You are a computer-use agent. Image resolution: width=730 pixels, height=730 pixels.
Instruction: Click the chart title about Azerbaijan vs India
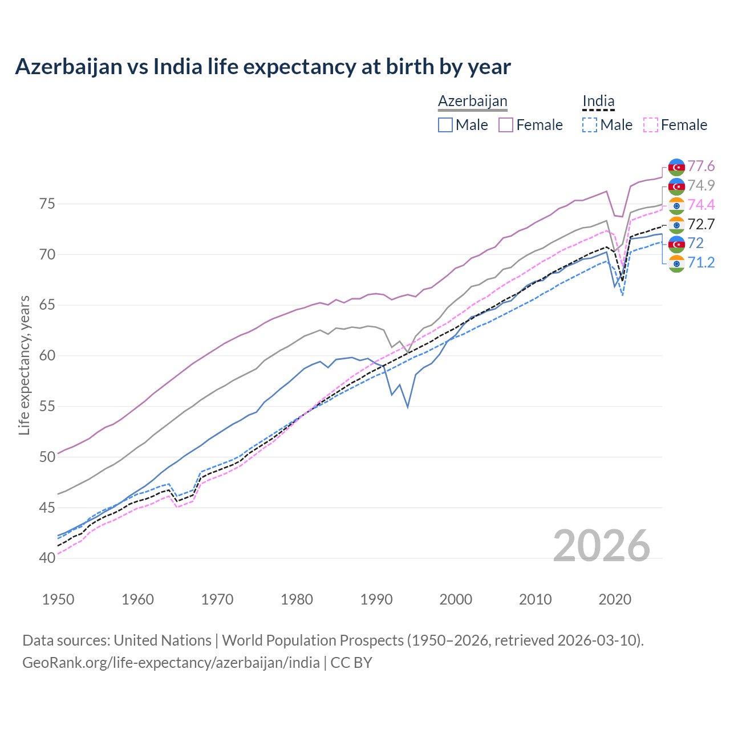(x=263, y=67)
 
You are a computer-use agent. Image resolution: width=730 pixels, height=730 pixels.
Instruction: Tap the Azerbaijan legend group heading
(x=472, y=101)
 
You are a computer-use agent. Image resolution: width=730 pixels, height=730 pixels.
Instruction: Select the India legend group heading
(x=598, y=101)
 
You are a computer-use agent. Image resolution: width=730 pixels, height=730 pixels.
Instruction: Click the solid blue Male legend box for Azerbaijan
(x=445, y=125)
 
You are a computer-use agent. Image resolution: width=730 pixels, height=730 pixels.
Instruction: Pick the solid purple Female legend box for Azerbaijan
(x=506, y=125)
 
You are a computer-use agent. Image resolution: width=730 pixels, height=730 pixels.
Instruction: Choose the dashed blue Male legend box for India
(x=590, y=125)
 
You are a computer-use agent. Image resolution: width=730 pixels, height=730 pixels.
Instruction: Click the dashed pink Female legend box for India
(x=650, y=125)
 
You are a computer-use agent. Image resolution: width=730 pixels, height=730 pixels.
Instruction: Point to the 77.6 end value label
(x=701, y=167)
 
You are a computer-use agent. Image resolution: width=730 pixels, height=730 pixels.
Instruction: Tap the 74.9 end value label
(x=701, y=185)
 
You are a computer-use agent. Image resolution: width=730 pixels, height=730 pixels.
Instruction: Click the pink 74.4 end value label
(x=701, y=205)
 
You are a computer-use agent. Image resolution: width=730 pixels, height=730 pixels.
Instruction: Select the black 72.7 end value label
(x=701, y=224)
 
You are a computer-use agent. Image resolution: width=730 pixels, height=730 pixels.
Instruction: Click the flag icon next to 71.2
(x=676, y=263)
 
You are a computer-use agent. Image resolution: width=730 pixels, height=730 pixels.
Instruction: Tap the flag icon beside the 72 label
(x=676, y=244)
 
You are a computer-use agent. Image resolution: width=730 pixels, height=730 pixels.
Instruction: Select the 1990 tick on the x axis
(x=376, y=599)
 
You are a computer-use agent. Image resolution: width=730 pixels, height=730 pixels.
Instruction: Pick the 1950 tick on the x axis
(x=59, y=599)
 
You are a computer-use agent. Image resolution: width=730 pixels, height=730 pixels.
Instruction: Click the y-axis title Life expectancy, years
(x=24, y=365)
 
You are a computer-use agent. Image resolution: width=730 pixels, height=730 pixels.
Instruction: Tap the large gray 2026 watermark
(x=602, y=546)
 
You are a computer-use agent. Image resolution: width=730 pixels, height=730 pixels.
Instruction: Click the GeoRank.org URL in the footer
(x=171, y=663)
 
